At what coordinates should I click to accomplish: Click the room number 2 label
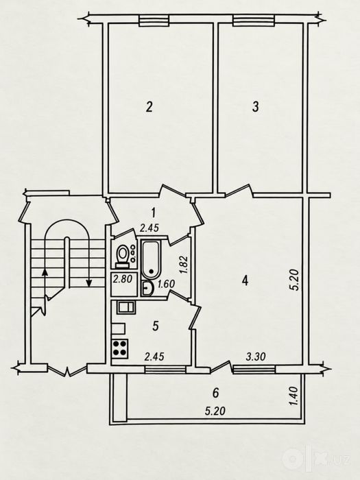149,107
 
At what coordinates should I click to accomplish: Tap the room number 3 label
255,107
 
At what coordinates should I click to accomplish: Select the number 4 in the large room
244,280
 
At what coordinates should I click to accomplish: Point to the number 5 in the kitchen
156,326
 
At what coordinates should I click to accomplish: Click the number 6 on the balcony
216,393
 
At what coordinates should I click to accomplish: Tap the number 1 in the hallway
154,211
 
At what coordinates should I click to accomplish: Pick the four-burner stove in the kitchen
120,348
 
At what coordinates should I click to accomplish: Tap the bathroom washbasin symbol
147,289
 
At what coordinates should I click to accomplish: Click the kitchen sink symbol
125,307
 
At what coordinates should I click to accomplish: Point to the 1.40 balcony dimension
293,396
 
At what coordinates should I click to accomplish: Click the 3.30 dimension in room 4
256,356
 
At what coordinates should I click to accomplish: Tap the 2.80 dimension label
122,279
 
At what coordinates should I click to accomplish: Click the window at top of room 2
154,21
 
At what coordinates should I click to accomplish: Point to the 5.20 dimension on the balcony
215,411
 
